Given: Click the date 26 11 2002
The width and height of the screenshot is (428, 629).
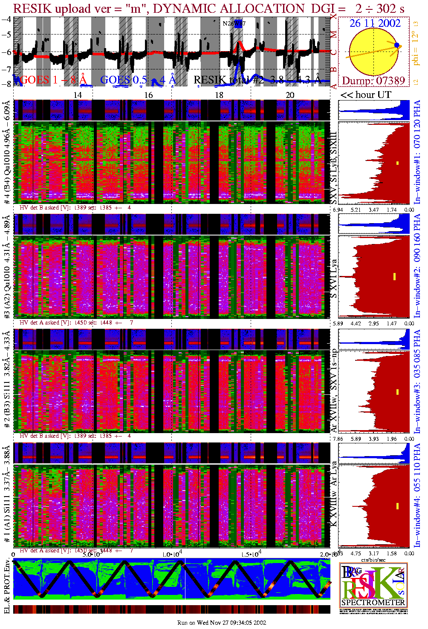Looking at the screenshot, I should pos(375,23).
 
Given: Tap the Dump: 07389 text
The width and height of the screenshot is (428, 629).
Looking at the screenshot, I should pos(373,81).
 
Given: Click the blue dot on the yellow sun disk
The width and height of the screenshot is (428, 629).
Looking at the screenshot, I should pos(397,45).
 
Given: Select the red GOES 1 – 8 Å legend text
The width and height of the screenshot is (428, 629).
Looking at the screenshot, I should pos(53,80).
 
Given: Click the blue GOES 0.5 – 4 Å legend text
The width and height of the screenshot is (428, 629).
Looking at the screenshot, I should pos(138,80).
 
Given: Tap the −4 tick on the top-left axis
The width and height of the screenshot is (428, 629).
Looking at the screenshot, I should pos(6,19).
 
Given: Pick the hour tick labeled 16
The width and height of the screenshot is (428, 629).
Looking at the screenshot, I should pos(148,95).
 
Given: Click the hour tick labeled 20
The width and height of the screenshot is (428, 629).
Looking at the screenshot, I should pos(290,95).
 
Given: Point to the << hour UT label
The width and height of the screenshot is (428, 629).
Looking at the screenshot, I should pos(365,95).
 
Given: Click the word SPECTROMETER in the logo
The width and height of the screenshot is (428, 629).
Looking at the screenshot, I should pos(373,603).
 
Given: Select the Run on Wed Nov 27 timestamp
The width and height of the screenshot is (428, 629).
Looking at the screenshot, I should pos(222,623).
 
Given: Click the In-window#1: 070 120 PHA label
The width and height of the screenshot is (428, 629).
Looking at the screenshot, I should pos(417,152).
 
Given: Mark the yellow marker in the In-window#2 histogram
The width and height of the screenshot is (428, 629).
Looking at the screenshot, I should pos(395,276).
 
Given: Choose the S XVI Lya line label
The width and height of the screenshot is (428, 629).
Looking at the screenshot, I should pos(334,279).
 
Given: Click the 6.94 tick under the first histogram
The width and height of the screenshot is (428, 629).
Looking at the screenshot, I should pos(338,210).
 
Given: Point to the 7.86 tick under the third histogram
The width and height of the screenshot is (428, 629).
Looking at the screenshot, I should pos(338,439).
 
